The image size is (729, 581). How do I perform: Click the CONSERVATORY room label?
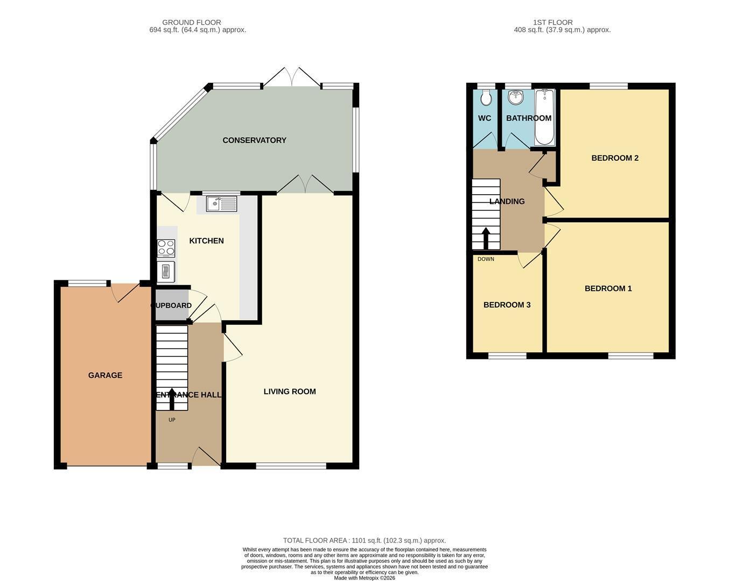(254, 140)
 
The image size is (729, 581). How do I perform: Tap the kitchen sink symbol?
(221, 204)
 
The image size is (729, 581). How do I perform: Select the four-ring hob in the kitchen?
(166, 248)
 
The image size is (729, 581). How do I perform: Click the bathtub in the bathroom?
(544, 117)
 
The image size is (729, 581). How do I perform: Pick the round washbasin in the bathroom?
(516, 97)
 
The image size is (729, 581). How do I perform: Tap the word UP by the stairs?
(172, 420)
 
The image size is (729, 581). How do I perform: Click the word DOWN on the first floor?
(486, 259)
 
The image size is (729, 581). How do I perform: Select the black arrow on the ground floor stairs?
(171, 399)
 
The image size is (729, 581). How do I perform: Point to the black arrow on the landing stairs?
(486, 238)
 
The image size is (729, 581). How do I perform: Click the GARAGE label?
(105, 375)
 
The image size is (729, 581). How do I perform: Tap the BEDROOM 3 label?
(507, 304)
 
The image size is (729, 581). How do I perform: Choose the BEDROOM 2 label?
(615, 158)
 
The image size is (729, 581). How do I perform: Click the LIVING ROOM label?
(290, 392)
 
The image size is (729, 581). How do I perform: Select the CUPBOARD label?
(171, 306)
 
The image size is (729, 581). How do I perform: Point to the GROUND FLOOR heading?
(191, 23)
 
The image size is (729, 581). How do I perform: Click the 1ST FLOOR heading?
(553, 23)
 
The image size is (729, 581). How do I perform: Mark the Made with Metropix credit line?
(364, 578)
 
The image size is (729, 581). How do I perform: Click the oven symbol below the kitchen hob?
(166, 272)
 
